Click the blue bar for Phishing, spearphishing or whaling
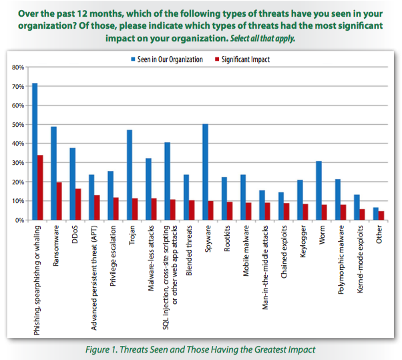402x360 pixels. (35, 152)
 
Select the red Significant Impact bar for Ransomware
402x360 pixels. (59, 201)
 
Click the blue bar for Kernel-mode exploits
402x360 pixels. (356, 207)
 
